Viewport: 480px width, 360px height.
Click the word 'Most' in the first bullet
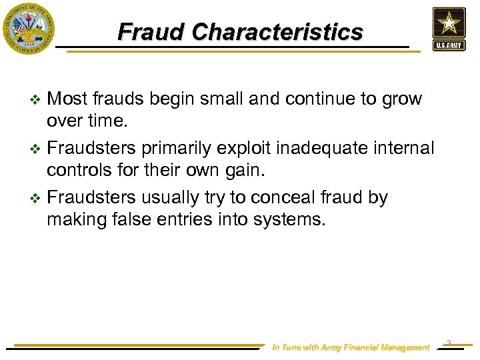pyautogui.click(x=68, y=99)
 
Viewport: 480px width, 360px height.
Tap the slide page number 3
pyautogui.click(x=449, y=343)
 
